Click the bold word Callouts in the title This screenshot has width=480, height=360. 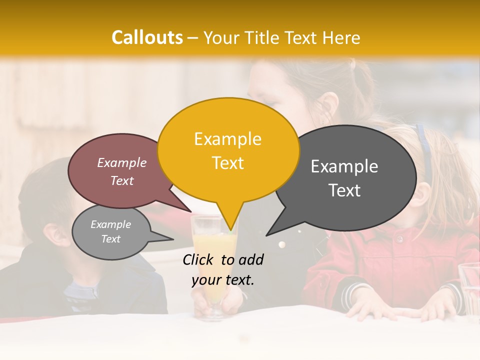147,37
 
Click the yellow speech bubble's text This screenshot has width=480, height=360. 227,150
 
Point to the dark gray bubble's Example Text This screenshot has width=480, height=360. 344,178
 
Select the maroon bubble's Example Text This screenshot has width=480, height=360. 122,171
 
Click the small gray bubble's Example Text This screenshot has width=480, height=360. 111,231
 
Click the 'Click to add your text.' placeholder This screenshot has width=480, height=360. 223,269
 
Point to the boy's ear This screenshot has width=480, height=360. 51,234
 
